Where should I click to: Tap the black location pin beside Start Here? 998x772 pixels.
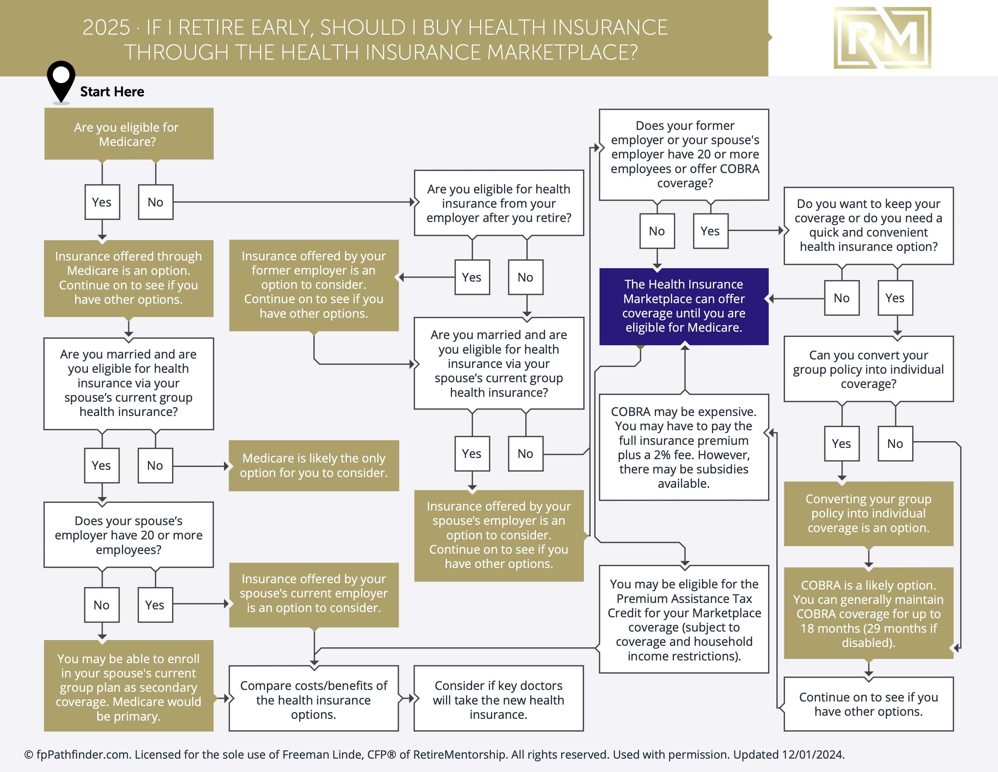click(x=61, y=80)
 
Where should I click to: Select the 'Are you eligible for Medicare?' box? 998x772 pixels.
click(x=129, y=134)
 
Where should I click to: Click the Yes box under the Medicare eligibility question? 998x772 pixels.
click(x=102, y=202)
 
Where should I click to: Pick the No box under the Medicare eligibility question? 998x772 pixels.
click(x=155, y=202)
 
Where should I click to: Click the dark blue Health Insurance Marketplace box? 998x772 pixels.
click(x=684, y=306)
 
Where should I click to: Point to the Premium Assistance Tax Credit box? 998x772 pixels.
click(x=684, y=619)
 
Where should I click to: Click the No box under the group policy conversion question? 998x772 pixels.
click(x=895, y=443)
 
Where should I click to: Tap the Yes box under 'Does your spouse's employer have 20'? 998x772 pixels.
click(x=155, y=605)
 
